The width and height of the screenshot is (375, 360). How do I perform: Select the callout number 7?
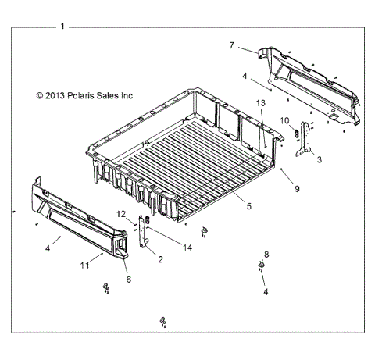coord(231,45)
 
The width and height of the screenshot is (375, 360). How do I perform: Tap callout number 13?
coord(261,103)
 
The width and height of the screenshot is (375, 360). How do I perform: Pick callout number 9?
coord(296,188)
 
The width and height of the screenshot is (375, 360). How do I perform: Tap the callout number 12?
coord(121,214)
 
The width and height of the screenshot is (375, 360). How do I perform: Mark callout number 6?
coord(128,278)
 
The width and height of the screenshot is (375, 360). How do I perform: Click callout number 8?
coord(266,255)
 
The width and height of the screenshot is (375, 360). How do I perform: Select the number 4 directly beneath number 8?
coord(265,291)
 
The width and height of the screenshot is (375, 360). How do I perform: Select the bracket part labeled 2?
coord(143,233)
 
